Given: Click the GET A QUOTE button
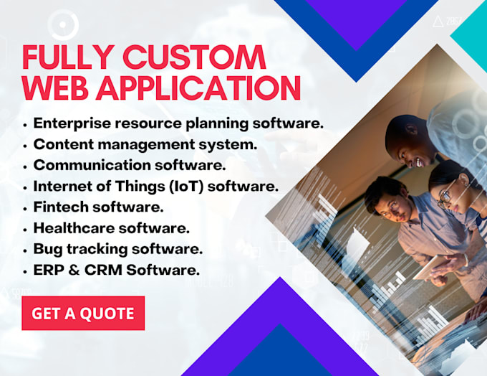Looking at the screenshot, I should pyautogui.click(x=83, y=313).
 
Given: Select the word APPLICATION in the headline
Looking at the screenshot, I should pyautogui.click(x=198, y=88).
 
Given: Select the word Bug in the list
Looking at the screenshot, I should pyautogui.click(x=48, y=250).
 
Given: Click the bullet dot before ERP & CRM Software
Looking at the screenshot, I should pyautogui.click(x=25, y=272).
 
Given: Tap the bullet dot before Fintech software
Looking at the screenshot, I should pyautogui.click(x=25, y=208).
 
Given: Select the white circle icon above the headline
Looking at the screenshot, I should pyautogui.click(x=63, y=24).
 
